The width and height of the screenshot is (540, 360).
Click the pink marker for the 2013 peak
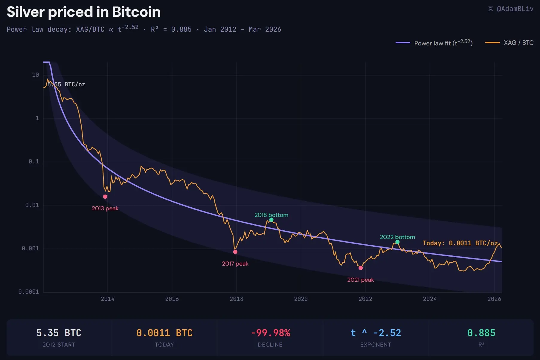105,197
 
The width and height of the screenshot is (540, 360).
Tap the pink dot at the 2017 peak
235,252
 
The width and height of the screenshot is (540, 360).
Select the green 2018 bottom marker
271,220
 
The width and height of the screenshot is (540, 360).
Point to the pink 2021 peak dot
361,268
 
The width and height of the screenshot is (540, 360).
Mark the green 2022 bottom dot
397,242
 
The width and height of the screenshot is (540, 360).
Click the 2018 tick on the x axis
236,299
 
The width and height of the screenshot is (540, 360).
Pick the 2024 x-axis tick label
430,299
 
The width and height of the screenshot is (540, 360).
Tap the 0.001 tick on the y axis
30,249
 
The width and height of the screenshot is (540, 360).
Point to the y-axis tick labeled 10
35,75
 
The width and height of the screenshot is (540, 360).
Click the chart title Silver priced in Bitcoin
84,12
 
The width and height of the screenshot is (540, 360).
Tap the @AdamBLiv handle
515,9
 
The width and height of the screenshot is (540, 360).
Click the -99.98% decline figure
270,333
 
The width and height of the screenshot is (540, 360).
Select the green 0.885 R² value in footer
481,333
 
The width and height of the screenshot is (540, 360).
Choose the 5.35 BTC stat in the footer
59,333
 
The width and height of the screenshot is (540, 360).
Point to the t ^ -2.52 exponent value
376,333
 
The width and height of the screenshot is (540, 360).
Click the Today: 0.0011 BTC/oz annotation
460,243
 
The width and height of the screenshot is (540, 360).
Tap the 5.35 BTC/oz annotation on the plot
66,85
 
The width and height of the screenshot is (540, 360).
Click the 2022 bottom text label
397,237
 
